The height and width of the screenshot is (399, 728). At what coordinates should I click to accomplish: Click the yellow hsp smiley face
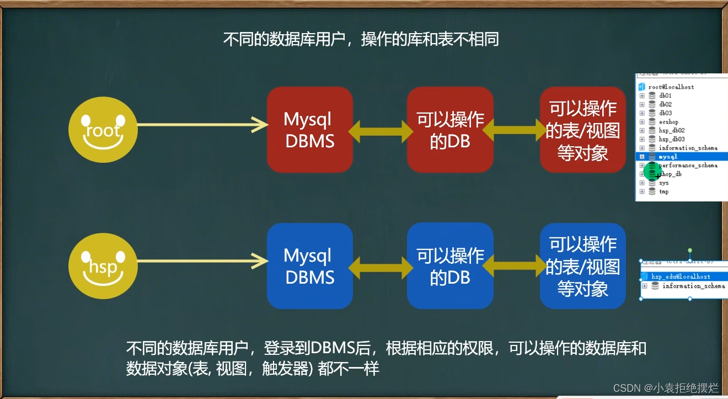point(103,267)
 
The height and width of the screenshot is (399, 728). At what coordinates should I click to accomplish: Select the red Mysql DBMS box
point(309,130)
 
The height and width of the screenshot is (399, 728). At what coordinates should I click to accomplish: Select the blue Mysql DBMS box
point(309,266)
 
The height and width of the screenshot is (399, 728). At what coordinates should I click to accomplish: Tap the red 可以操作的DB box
point(450,130)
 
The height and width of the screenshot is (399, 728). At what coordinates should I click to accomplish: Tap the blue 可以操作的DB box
point(450,266)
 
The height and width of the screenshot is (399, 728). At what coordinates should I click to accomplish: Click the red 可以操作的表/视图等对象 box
point(583,130)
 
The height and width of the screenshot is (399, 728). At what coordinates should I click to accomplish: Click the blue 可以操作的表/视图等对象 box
point(583,266)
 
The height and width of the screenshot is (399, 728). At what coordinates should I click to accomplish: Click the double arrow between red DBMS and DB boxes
point(380,130)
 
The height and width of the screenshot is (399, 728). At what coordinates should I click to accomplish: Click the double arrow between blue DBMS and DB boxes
point(380,267)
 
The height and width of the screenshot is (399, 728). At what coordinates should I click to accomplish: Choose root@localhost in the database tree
point(671,87)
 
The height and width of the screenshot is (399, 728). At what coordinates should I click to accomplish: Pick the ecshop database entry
point(668,122)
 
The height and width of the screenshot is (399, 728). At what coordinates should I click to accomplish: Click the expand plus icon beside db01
point(642,95)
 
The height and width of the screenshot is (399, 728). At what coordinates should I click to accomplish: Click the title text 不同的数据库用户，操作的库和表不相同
point(361,40)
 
